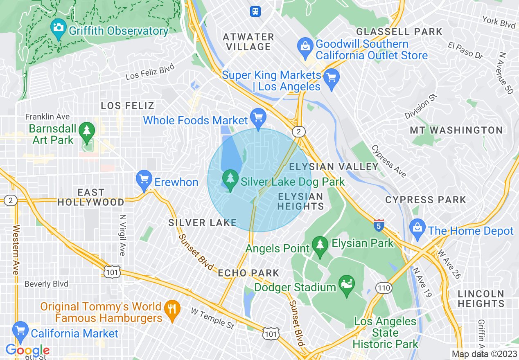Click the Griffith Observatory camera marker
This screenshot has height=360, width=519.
[58, 28]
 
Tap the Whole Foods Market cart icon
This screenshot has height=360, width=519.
[258, 117]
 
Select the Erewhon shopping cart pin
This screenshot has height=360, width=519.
[144, 179]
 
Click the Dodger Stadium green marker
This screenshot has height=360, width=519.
[347, 284]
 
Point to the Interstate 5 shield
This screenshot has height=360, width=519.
[379, 225]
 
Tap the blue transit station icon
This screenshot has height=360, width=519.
[255, 11]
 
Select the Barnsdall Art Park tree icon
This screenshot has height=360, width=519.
[87, 130]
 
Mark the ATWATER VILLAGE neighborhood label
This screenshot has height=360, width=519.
[248, 42]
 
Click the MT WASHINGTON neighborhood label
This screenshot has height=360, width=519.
[456, 130]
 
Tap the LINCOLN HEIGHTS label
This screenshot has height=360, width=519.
[481, 299]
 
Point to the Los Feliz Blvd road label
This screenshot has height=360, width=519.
[150, 72]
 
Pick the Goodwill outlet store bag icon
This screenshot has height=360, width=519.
[305, 46]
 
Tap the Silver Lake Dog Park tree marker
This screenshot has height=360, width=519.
[230, 178]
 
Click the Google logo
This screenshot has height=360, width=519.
[27, 351]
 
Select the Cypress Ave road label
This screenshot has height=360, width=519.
[389, 161]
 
